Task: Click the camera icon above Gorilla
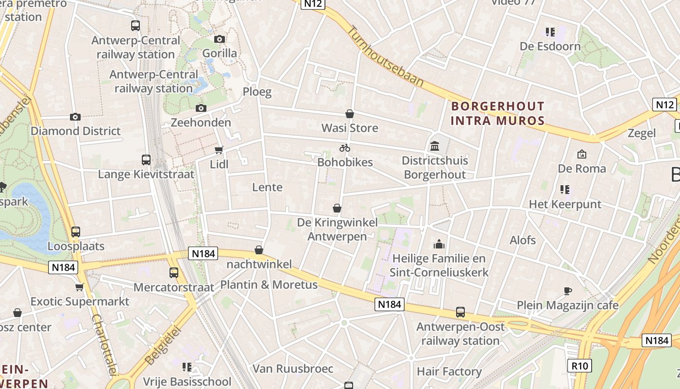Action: tap(220, 39)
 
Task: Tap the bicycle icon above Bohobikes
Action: tap(345, 148)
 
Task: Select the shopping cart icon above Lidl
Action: tap(219, 150)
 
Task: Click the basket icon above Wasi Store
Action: tap(349, 114)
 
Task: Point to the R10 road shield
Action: tap(579, 365)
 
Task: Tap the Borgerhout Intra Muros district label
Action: tap(498, 113)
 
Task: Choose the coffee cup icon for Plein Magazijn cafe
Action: tap(567, 291)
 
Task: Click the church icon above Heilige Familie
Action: tap(439, 244)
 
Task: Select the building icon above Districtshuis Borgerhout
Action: tap(435, 146)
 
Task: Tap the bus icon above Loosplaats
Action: tap(75, 232)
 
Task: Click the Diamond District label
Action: tap(75, 131)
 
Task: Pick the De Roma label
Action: tap(582, 169)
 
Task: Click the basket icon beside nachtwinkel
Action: tap(259, 250)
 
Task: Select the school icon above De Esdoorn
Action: tap(550, 32)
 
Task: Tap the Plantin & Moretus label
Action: tap(269, 285)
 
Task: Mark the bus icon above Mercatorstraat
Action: tap(173, 273)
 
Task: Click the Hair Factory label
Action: tap(449, 372)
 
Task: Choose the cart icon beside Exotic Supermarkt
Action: tap(80, 287)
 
